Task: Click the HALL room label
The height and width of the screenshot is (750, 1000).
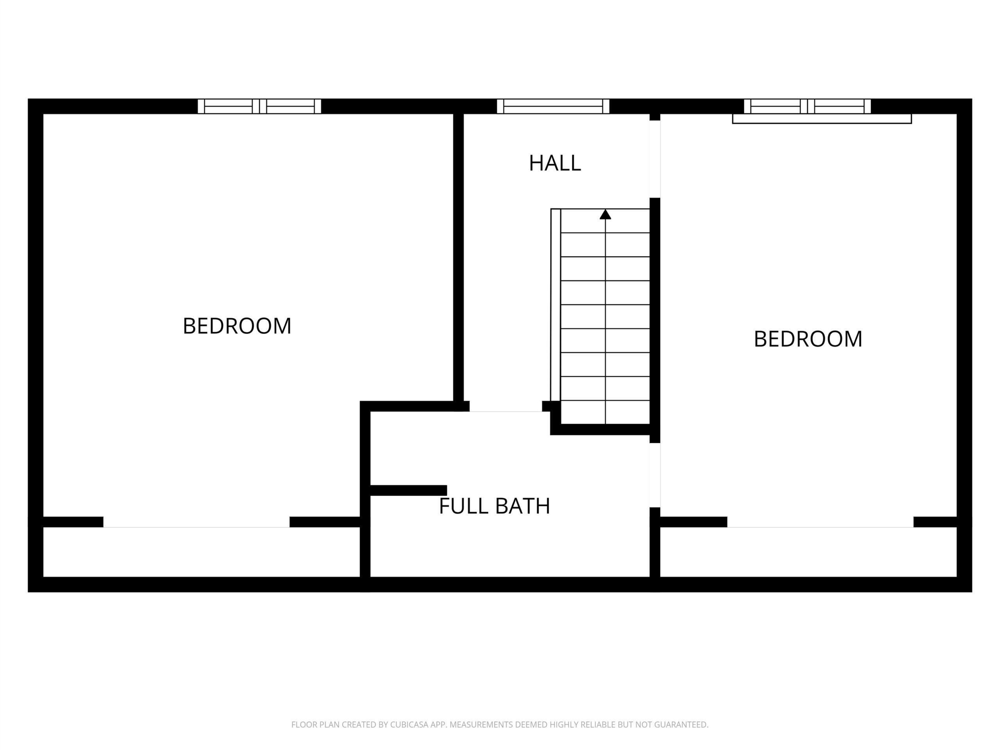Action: (555, 163)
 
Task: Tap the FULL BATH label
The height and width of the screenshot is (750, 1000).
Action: (495, 506)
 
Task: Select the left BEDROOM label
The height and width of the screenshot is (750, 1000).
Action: (237, 326)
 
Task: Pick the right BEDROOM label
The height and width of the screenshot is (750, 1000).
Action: (808, 339)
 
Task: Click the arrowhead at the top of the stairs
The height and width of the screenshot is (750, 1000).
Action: (605, 214)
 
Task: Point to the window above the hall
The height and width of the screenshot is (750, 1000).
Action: (553, 106)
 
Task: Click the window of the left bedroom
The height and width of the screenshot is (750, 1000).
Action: (259, 106)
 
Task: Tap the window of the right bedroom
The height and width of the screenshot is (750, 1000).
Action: (807, 106)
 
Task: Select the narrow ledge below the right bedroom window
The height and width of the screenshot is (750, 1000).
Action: (822, 119)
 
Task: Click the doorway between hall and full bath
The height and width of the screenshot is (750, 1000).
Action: (506, 406)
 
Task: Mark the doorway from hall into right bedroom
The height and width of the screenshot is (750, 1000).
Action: (655, 159)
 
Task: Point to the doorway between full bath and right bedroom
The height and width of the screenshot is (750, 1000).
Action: (655, 475)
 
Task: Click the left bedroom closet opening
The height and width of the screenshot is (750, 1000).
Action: (196, 522)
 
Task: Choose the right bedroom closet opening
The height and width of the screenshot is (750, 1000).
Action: (821, 522)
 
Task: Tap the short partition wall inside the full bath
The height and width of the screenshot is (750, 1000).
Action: (409, 491)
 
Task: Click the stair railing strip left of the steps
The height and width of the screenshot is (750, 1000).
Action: (555, 305)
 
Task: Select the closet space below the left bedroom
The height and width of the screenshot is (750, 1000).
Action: (202, 552)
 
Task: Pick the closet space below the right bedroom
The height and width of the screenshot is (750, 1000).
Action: (808, 552)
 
